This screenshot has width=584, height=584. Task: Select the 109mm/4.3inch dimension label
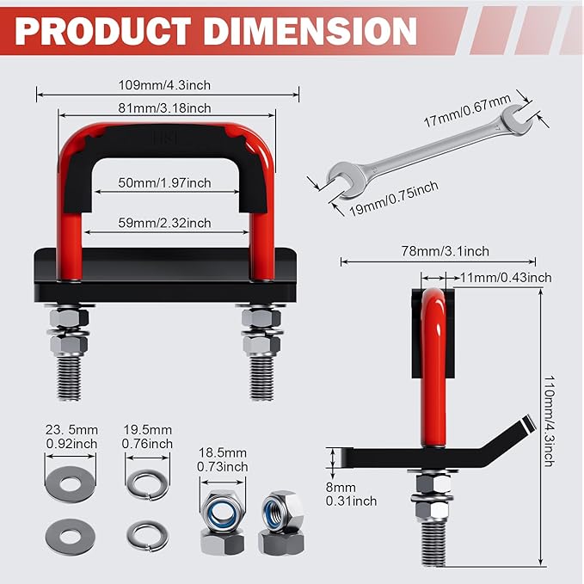165,84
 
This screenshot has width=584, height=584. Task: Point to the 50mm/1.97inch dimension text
165,182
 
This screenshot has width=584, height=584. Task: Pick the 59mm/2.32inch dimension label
165,223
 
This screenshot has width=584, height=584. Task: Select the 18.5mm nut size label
222,459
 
